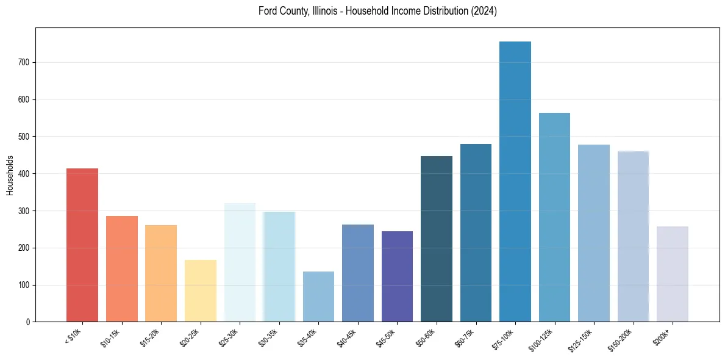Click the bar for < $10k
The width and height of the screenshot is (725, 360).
82,245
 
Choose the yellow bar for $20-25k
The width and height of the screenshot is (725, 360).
201,290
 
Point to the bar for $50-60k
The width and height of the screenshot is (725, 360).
437,239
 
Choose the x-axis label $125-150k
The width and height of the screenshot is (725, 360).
583,339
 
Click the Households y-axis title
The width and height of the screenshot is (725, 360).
10,174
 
